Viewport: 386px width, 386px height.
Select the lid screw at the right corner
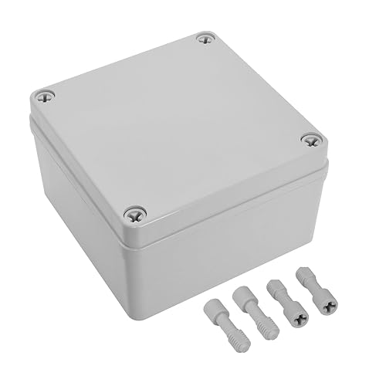[310, 140]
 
